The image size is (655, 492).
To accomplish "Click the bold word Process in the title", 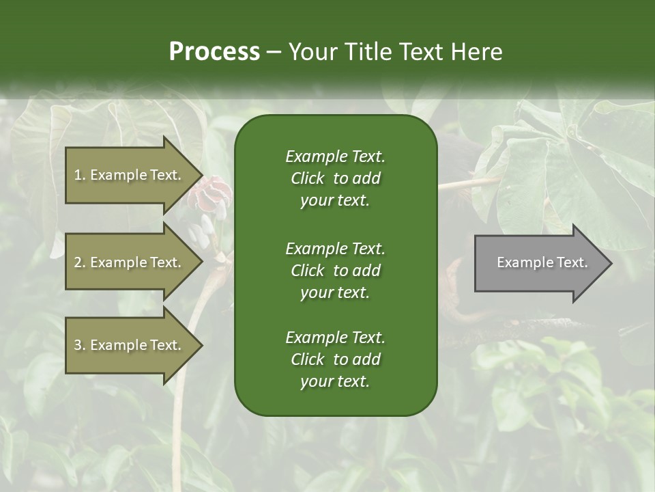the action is pyautogui.click(x=214, y=52).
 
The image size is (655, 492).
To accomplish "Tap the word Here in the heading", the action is pyautogui.click(x=477, y=52).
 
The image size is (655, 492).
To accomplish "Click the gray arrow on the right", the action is pyautogui.click(x=539, y=262).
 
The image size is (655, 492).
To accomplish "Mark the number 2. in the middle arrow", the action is pyautogui.click(x=79, y=262).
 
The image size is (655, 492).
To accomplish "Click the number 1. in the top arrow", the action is pyautogui.click(x=79, y=175).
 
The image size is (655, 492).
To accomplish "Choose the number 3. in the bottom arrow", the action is pyautogui.click(x=79, y=345).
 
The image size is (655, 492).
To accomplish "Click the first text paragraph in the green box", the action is pyautogui.click(x=335, y=178).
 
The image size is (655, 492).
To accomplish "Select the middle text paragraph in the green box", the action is pyautogui.click(x=335, y=271).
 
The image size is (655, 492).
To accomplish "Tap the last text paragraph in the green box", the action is pyautogui.click(x=335, y=359).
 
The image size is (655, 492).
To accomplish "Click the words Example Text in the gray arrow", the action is pyautogui.click(x=542, y=262).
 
